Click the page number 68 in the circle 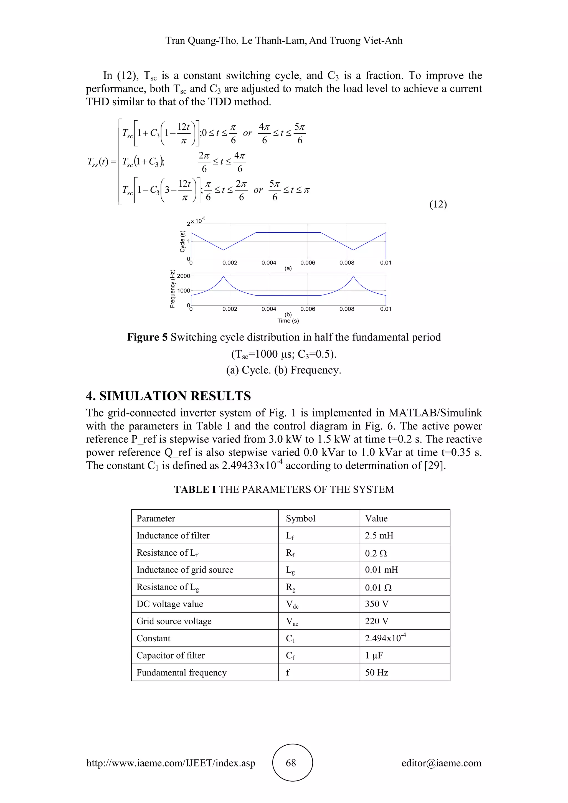(x=291, y=763)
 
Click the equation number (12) (x=438, y=204)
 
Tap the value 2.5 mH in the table (x=379, y=535)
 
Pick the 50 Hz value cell (x=377, y=673)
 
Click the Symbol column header (x=300, y=518)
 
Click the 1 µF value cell (x=374, y=655)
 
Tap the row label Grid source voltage (x=174, y=621)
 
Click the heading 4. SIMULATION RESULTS (x=168, y=396)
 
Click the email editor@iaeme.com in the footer (x=441, y=763)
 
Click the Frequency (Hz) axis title (x=173, y=289)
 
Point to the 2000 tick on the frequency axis (x=184, y=276)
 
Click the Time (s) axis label (x=288, y=321)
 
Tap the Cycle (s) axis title (x=182, y=241)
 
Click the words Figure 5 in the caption (x=147, y=337)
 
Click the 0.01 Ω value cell (x=378, y=588)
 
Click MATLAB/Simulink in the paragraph (x=435, y=413)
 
